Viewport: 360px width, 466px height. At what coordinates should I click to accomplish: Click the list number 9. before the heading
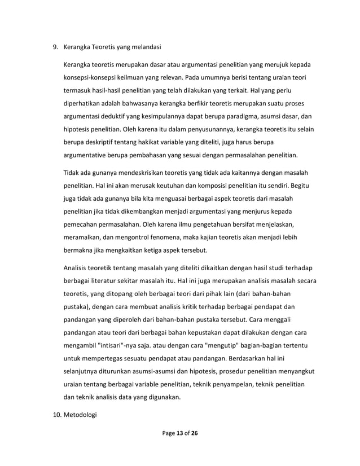click(x=56, y=47)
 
